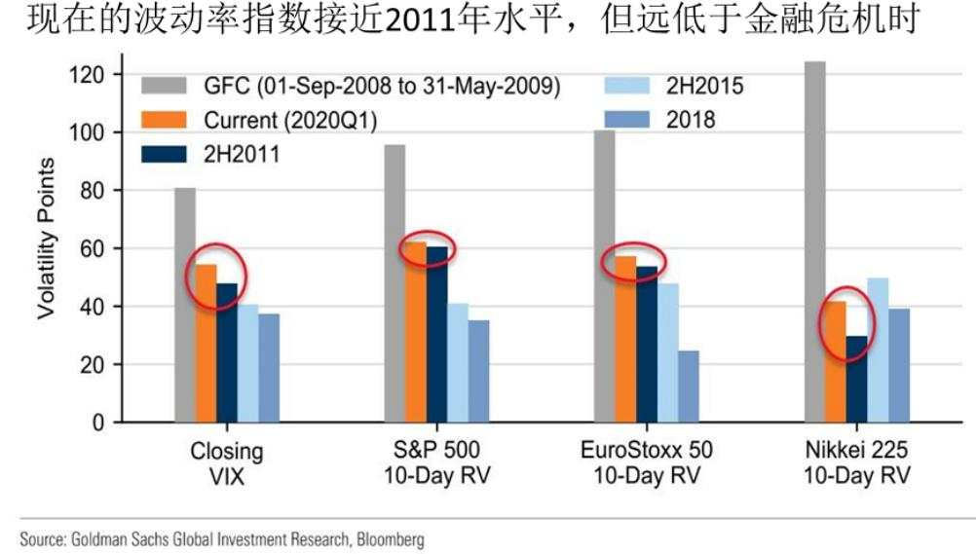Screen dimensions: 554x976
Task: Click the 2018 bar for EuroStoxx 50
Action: click(x=689, y=386)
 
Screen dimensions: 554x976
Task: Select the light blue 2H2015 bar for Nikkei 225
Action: click(x=878, y=350)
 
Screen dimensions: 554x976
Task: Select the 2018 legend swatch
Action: click(x=619, y=120)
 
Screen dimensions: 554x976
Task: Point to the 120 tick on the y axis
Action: click(x=99, y=74)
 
